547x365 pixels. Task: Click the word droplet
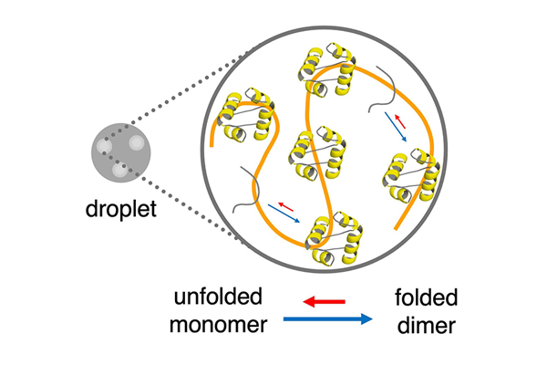click(119, 211)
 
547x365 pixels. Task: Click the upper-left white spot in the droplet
click(106, 146)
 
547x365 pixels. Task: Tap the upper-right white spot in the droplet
click(137, 141)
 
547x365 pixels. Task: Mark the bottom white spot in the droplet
click(119, 168)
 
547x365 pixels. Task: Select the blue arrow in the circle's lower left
click(285, 214)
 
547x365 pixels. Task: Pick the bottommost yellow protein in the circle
click(329, 240)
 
